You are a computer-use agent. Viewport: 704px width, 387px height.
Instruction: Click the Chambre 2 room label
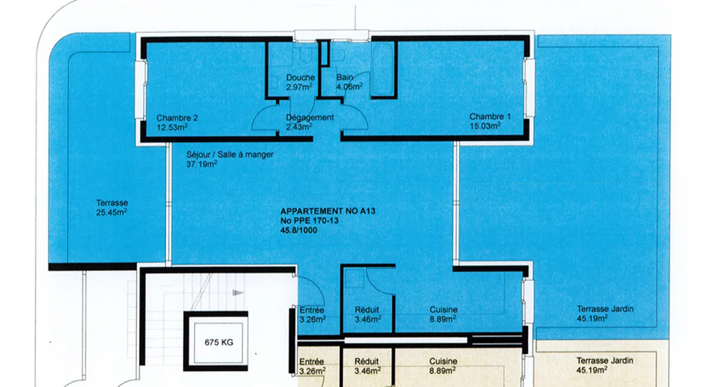177,118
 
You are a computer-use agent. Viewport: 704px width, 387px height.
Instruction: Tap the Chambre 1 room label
490,116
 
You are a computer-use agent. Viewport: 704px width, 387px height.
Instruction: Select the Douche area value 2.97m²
299,86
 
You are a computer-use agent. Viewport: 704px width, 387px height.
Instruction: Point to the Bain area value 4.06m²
350,86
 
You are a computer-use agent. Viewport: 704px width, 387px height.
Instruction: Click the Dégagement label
309,117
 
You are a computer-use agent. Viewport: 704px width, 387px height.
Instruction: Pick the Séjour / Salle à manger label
230,154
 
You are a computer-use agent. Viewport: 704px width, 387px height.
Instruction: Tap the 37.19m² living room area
201,164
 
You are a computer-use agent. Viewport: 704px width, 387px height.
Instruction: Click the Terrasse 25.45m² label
112,208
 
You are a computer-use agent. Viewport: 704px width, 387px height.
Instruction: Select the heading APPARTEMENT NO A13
328,211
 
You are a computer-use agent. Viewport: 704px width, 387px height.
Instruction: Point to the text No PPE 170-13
309,220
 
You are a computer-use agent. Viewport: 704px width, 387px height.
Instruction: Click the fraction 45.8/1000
299,230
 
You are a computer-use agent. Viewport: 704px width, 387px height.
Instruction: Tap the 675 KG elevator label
219,343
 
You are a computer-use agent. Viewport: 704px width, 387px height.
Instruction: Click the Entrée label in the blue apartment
311,310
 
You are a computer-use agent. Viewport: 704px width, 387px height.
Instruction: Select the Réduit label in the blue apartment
367,310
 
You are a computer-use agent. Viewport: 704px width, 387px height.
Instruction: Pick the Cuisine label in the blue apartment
443,310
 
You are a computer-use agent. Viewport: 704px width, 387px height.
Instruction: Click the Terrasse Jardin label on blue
605,309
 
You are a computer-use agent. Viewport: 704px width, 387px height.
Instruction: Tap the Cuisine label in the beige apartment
443,361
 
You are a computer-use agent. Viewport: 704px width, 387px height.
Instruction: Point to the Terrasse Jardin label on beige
605,361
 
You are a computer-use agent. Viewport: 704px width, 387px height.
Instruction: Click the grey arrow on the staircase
238,293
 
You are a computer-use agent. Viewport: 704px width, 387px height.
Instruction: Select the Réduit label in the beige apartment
367,362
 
